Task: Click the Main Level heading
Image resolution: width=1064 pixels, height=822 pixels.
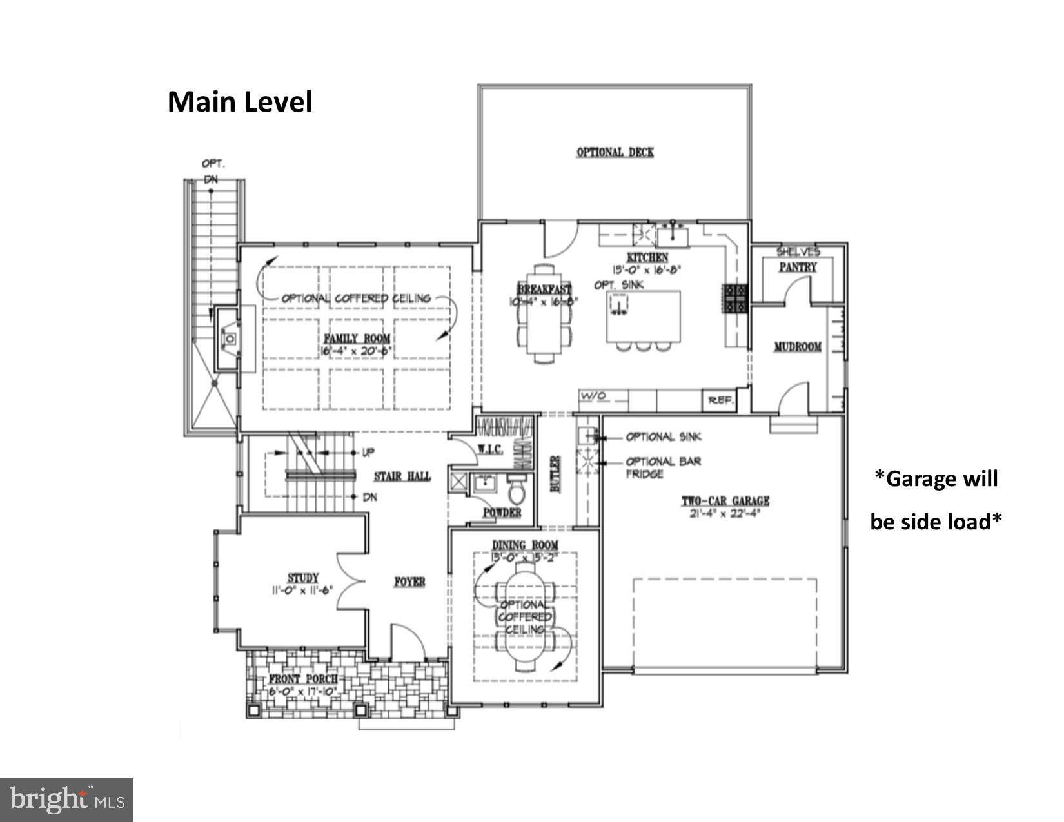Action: pyautogui.click(x=240, y=102)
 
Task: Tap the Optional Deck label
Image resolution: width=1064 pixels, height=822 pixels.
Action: pyautogui.click(x=615, y=152)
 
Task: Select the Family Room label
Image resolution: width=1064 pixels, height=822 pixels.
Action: pyautogui.click(x=357, y=339)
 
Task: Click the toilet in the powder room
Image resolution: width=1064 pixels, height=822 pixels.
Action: pyautogui.click(x=517, y=491)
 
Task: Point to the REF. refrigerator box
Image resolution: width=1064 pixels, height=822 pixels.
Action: pyautogui.click(x=720, y=400)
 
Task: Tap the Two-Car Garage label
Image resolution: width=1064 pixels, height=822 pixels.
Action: pyautogui.click(x=725, y=501)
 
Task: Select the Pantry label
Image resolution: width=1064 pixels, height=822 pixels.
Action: pyautogui.click(x=798, y=267)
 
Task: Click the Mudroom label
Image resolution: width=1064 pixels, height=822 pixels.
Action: pyautogui.click(x=798, y=347)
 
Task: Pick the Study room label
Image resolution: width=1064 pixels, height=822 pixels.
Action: pyautogui.click(x=302, y=578)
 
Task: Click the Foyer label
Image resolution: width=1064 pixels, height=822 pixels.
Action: pyautogui.click(x=409, y=582)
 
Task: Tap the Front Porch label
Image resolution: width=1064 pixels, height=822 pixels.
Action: pyautogui.click(x=303, y=679)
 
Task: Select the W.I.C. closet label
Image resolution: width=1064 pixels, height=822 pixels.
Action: pyautogui.click(x=490, y=449)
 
